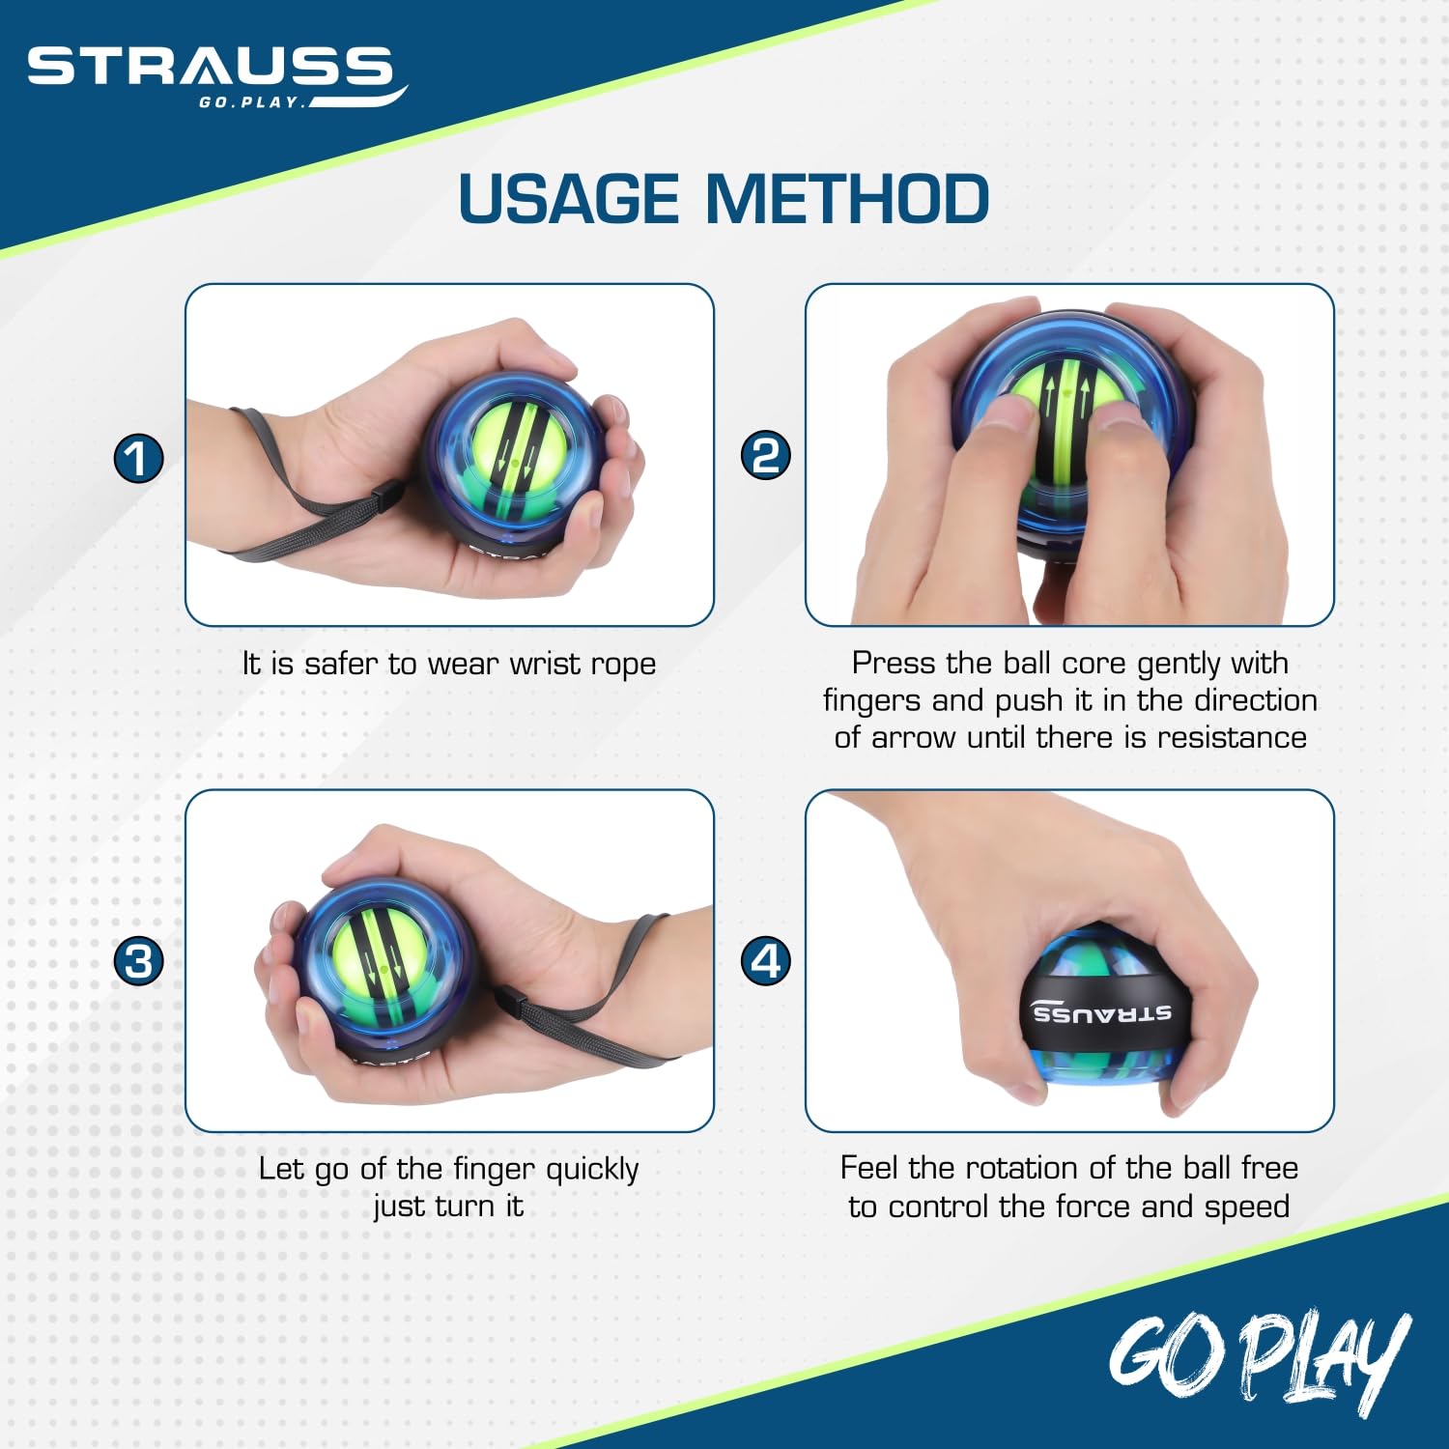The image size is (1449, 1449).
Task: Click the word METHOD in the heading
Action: click(x=847, y=199)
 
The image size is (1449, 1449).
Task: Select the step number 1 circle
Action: click(x=139, y=457)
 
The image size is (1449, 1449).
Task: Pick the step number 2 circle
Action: click(x=765, y=455)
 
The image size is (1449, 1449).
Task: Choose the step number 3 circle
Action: click(x=139, y=961)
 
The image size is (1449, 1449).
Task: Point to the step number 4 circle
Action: click(x=765, y=960)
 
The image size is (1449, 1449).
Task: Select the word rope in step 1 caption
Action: click(x=623, y=665)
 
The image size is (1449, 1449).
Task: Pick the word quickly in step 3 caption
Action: click(x=592, y=1170)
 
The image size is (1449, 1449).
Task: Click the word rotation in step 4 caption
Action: click(x=1033, y=1169)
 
